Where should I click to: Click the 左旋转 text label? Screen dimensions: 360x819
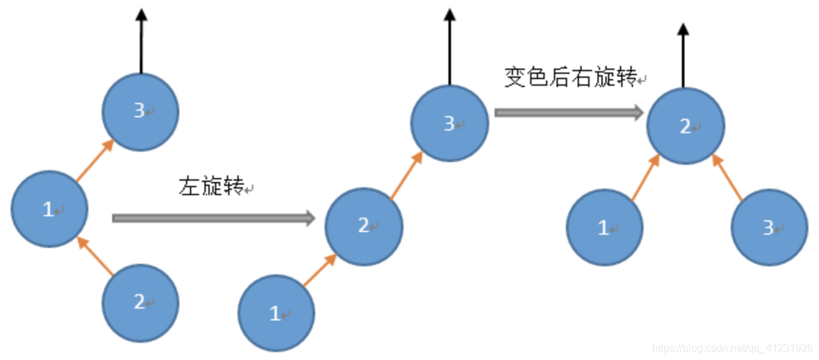pos(212,187)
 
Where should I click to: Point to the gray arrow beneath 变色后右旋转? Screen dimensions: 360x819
pos(568,113)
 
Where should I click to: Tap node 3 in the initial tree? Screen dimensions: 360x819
pos(140,111)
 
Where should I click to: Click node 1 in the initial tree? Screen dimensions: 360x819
pos(49,209)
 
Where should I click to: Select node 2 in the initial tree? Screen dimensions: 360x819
pos(140,303)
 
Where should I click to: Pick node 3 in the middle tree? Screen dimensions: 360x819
pos(450,123)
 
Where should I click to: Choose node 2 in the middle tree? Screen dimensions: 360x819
pos(364,226)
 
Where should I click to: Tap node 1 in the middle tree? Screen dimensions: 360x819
pos(276,314)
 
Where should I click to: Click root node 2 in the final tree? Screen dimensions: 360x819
pos(686,126)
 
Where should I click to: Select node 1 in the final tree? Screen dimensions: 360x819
pos(605,227)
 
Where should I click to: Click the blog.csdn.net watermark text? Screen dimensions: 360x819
pos(732,348)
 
